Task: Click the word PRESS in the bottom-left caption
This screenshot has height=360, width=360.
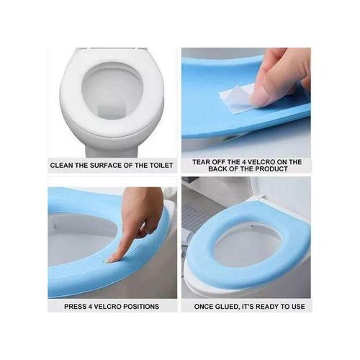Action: point(76,306)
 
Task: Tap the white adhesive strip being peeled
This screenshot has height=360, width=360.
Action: point(237,94)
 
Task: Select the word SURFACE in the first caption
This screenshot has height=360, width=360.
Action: point(105,165)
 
